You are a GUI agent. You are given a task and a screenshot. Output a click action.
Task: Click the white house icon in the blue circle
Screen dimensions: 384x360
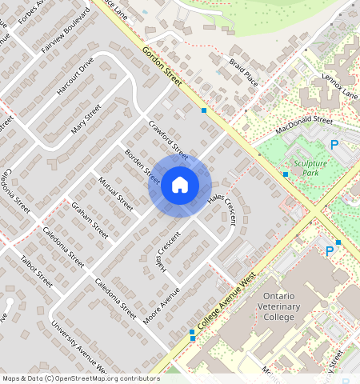coord(180,186)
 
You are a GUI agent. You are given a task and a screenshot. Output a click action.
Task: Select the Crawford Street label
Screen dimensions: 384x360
coord(169,139)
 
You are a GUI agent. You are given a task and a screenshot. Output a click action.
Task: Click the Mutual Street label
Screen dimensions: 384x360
coord(115,194)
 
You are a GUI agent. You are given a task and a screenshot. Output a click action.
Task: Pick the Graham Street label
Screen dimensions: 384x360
coord(90,220)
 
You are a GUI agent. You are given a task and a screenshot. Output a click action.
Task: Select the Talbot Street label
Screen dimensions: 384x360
coord(36,271)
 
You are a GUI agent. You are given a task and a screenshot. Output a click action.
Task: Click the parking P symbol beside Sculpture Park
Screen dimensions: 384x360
coord(334,145)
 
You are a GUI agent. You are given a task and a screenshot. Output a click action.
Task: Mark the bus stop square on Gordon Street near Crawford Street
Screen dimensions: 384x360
coord(204,110)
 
